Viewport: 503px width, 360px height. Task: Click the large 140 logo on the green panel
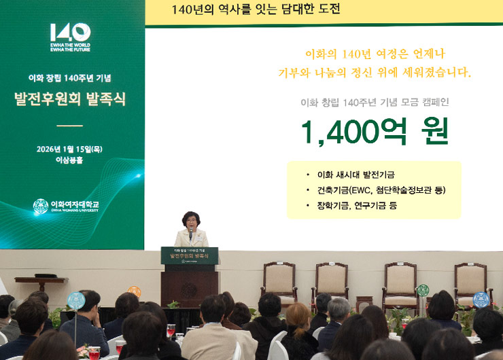click(x=70, y=32)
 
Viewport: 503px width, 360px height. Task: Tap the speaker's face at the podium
click(x=190, y=221)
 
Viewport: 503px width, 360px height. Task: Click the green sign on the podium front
click(x=190, y=255)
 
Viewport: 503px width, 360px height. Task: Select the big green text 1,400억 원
click(x=375, y=131)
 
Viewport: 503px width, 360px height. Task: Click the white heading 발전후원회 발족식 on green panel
click(x=69, y=99)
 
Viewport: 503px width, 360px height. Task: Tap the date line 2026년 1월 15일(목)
click(x=70, y=149)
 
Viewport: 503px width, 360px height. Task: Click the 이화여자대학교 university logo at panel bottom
click(x=66, y=206)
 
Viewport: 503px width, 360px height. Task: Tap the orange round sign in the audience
click(x=134, y=292)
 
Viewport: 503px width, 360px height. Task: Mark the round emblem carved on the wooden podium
click(x=190, y=289)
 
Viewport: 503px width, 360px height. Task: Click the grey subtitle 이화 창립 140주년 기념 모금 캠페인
click(x=375, y=103)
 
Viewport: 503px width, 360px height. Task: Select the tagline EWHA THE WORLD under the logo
click(x=70, y=45)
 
